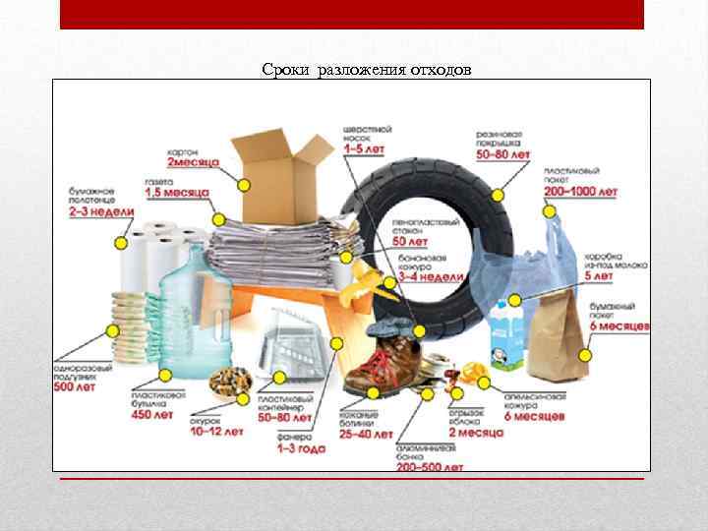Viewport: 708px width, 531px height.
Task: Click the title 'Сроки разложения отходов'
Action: coord(367,70)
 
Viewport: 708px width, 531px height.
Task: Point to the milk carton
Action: coord(506,335)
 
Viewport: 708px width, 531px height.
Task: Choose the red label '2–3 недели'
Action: coord(102,210)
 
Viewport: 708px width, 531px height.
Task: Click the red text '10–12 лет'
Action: coord(217,431)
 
